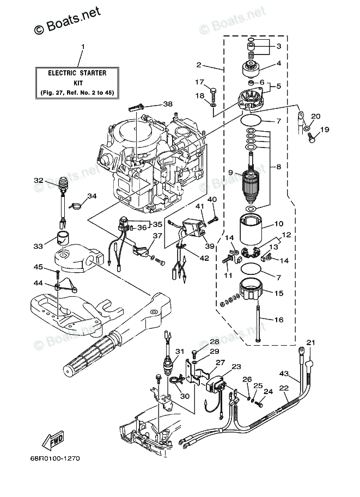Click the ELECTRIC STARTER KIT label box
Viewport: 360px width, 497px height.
[77, 83]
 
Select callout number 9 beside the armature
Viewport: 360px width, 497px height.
[230, 173]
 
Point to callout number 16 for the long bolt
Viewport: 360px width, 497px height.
[278, 320]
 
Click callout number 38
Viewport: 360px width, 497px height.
[168, 103]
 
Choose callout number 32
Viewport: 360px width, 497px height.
[39, 180]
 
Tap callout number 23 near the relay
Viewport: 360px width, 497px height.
[236, 367]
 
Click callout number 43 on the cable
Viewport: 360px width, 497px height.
[284, 373]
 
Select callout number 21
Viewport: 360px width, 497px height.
[311, 342]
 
